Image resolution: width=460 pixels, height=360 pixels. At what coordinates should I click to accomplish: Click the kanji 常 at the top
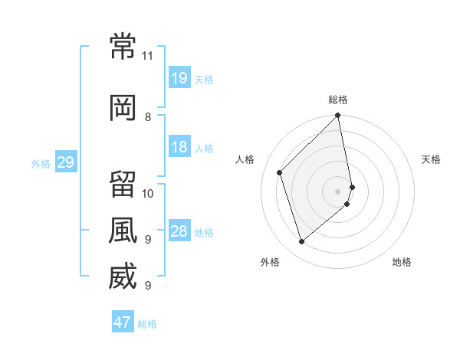123,46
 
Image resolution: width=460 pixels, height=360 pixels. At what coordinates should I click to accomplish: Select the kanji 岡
123,108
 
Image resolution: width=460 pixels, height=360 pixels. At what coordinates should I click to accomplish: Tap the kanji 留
123,184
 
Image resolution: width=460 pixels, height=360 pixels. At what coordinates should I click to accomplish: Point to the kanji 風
123,230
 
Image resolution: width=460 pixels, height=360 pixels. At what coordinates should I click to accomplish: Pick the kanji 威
123,276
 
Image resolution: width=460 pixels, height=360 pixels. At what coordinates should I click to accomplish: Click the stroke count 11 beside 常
147,56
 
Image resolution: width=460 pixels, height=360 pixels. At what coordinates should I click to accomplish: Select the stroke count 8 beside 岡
148,117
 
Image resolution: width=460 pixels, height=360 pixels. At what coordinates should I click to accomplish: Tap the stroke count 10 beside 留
147,194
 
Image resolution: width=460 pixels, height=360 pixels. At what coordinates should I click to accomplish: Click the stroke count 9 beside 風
148,240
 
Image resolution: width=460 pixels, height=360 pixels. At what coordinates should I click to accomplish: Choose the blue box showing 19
180,77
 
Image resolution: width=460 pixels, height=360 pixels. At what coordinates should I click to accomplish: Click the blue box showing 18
180,146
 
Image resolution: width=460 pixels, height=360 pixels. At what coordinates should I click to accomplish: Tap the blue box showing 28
180,230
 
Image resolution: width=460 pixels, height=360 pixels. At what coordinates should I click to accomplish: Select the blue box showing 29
66,162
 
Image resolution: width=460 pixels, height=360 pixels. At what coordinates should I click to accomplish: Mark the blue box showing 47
123,321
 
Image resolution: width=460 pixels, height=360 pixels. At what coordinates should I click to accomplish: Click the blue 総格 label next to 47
147,324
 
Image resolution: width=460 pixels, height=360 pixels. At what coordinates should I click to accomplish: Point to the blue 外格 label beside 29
41,164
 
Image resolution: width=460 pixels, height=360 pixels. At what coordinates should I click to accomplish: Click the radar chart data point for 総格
337,115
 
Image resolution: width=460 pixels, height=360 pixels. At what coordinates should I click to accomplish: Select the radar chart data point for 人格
280,172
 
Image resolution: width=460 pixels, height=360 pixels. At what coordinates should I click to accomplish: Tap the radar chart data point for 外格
301,241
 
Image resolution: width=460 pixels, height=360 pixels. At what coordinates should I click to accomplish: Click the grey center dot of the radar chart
337,191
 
